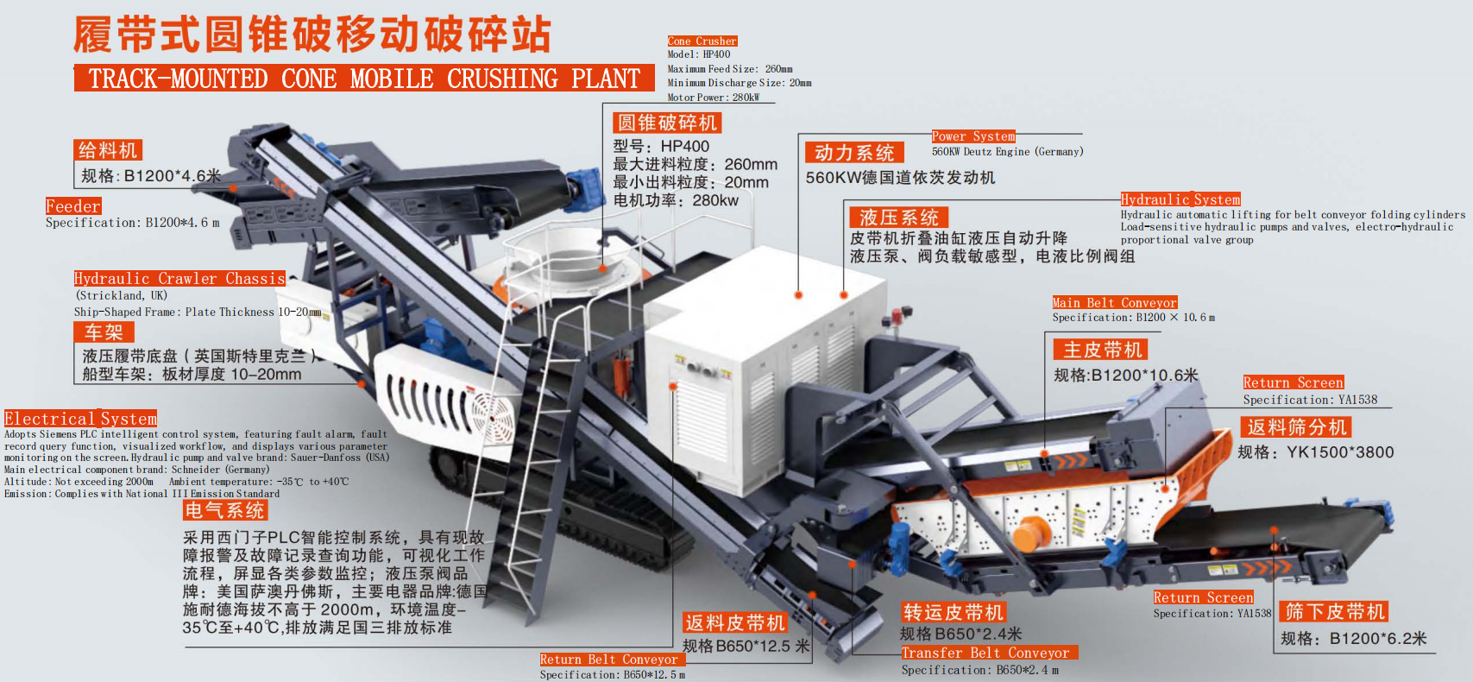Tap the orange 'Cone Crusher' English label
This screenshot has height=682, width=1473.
tap(702, 41)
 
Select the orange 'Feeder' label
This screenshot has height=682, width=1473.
tap(73, 206)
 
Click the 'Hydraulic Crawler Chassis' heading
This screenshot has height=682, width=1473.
tap(179, 279)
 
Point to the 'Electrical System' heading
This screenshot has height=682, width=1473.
tap(81, 419)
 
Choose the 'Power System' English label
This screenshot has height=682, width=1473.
tap(973, 136)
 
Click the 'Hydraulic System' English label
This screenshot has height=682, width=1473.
tap(1180, 199)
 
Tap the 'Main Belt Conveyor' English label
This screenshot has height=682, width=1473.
tap(1114, 302)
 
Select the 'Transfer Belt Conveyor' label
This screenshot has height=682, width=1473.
tap(989, 653)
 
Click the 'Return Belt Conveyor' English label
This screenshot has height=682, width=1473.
tap(611, 660)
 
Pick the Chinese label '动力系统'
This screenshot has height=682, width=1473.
tap(854, 153)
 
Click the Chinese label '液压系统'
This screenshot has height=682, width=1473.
tap(898, 217)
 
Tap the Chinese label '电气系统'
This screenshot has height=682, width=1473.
tap(224, 510)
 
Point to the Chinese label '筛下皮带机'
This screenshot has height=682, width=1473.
tap(1334, 612)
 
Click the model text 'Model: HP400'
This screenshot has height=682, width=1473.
tap(699, 54)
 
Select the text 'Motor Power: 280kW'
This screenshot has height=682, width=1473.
tap(714, 98)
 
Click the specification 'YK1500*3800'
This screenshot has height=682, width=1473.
tap(1339, 452)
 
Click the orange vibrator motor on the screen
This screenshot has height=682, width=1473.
tap(1029, 533)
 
